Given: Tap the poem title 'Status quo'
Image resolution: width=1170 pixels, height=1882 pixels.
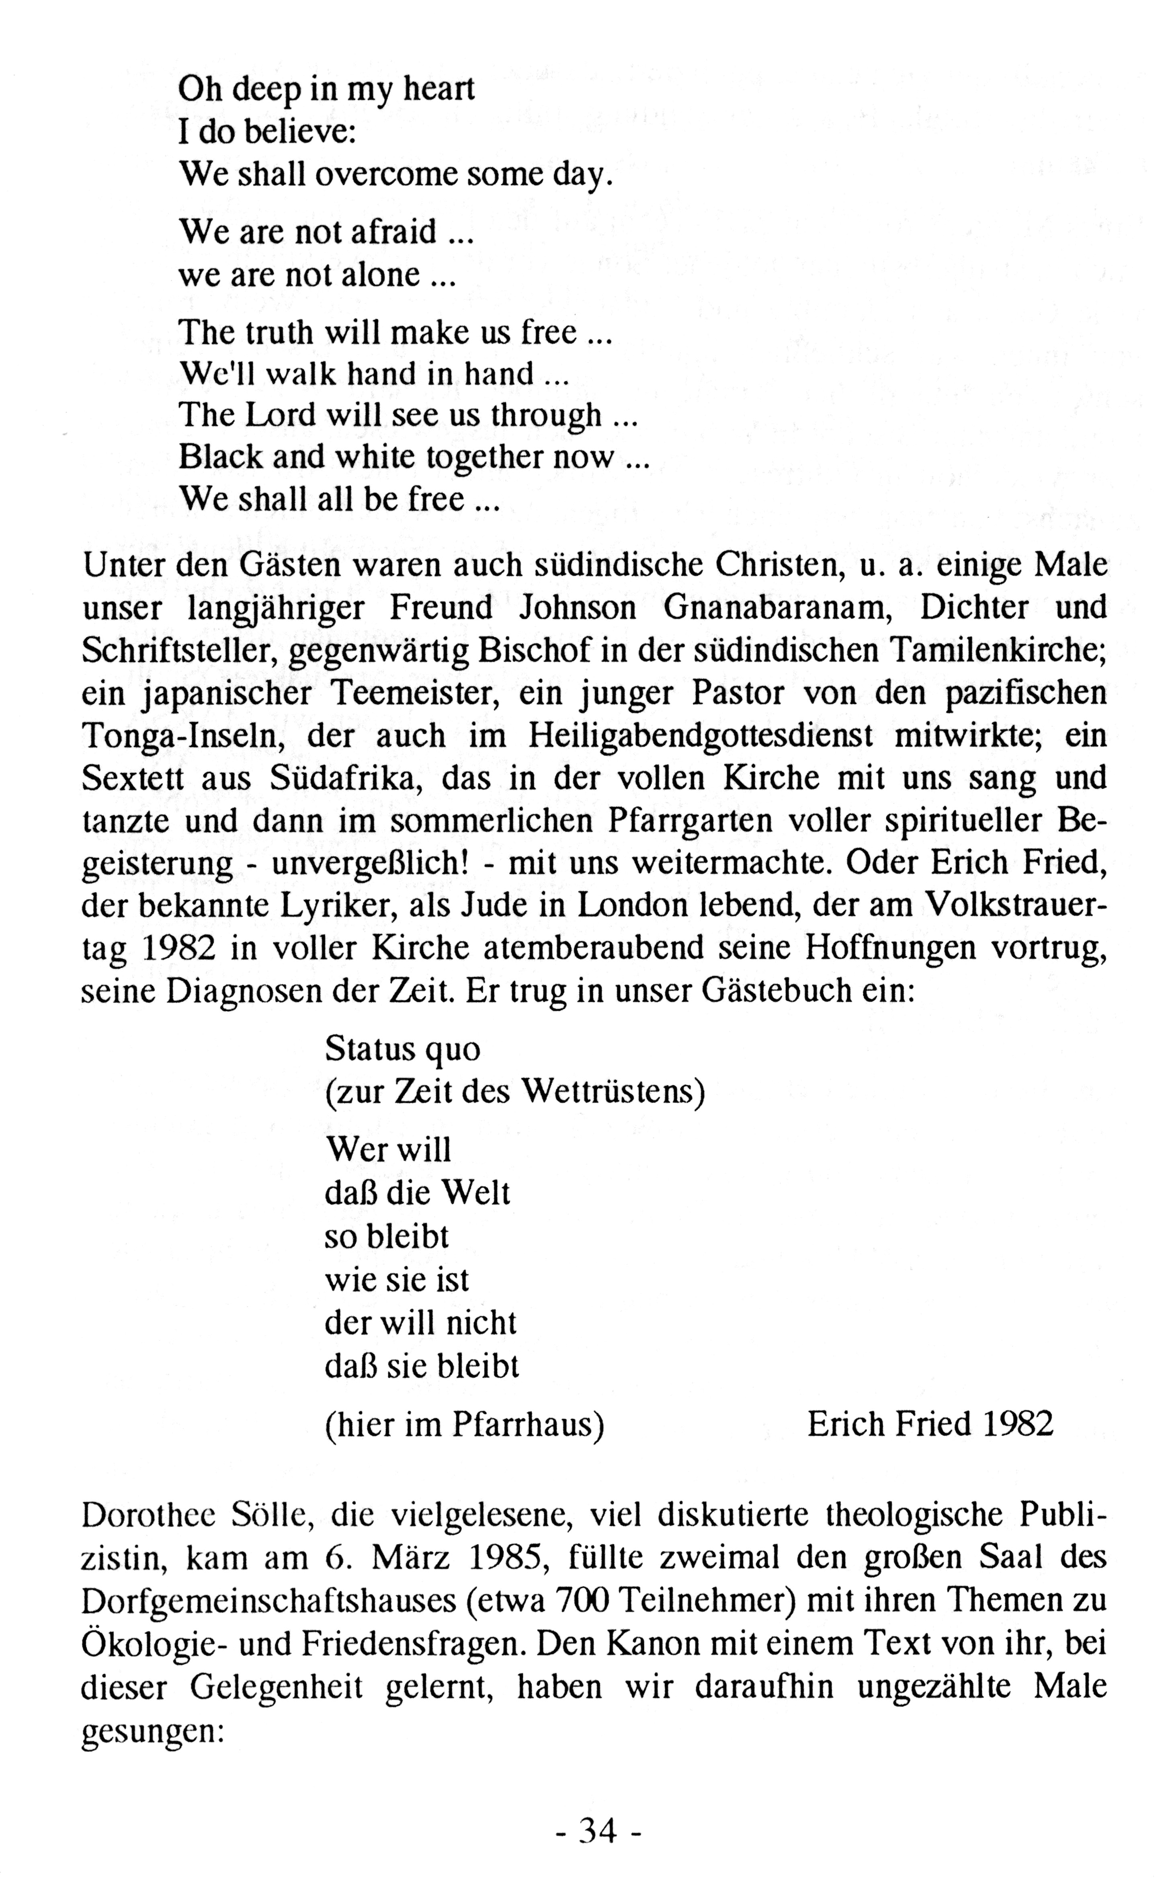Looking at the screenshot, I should coord(402,1049).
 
